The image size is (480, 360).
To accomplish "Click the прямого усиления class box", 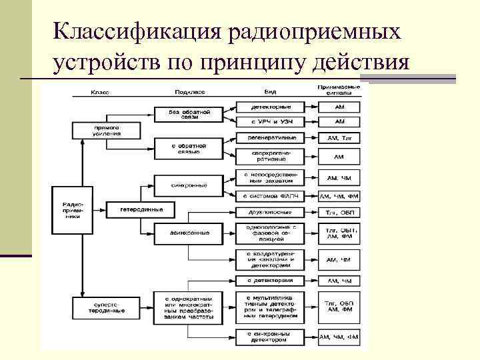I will pyautogui.click(x=107, y=129).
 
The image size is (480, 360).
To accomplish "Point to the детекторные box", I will pyautogui.click(x=269, y=107).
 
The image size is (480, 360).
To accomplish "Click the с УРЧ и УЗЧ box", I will pyautogui.click(x=269, y=122).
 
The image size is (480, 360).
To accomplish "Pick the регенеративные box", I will pyautogui.click(x=269, y=138).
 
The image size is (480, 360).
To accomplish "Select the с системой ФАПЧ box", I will pyautogui.click(x=269, y=197).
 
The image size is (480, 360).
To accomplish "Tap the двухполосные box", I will pyautogui.click(x=269, y=213).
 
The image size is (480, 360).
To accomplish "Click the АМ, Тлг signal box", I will pyautogui.click(x=340, y=138).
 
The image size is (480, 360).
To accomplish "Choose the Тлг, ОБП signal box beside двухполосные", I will pyautogui.click(x=340, y=213).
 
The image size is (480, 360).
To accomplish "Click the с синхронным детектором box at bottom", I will pyautogui.click(x=269, y=336).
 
